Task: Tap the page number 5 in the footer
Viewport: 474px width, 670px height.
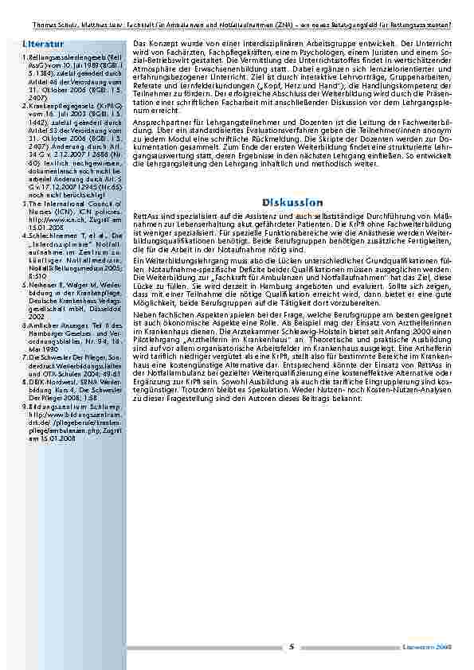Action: pyautogui.click(x=291, y=647)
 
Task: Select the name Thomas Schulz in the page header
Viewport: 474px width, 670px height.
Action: pyautogui.click(x=37, y=25)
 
